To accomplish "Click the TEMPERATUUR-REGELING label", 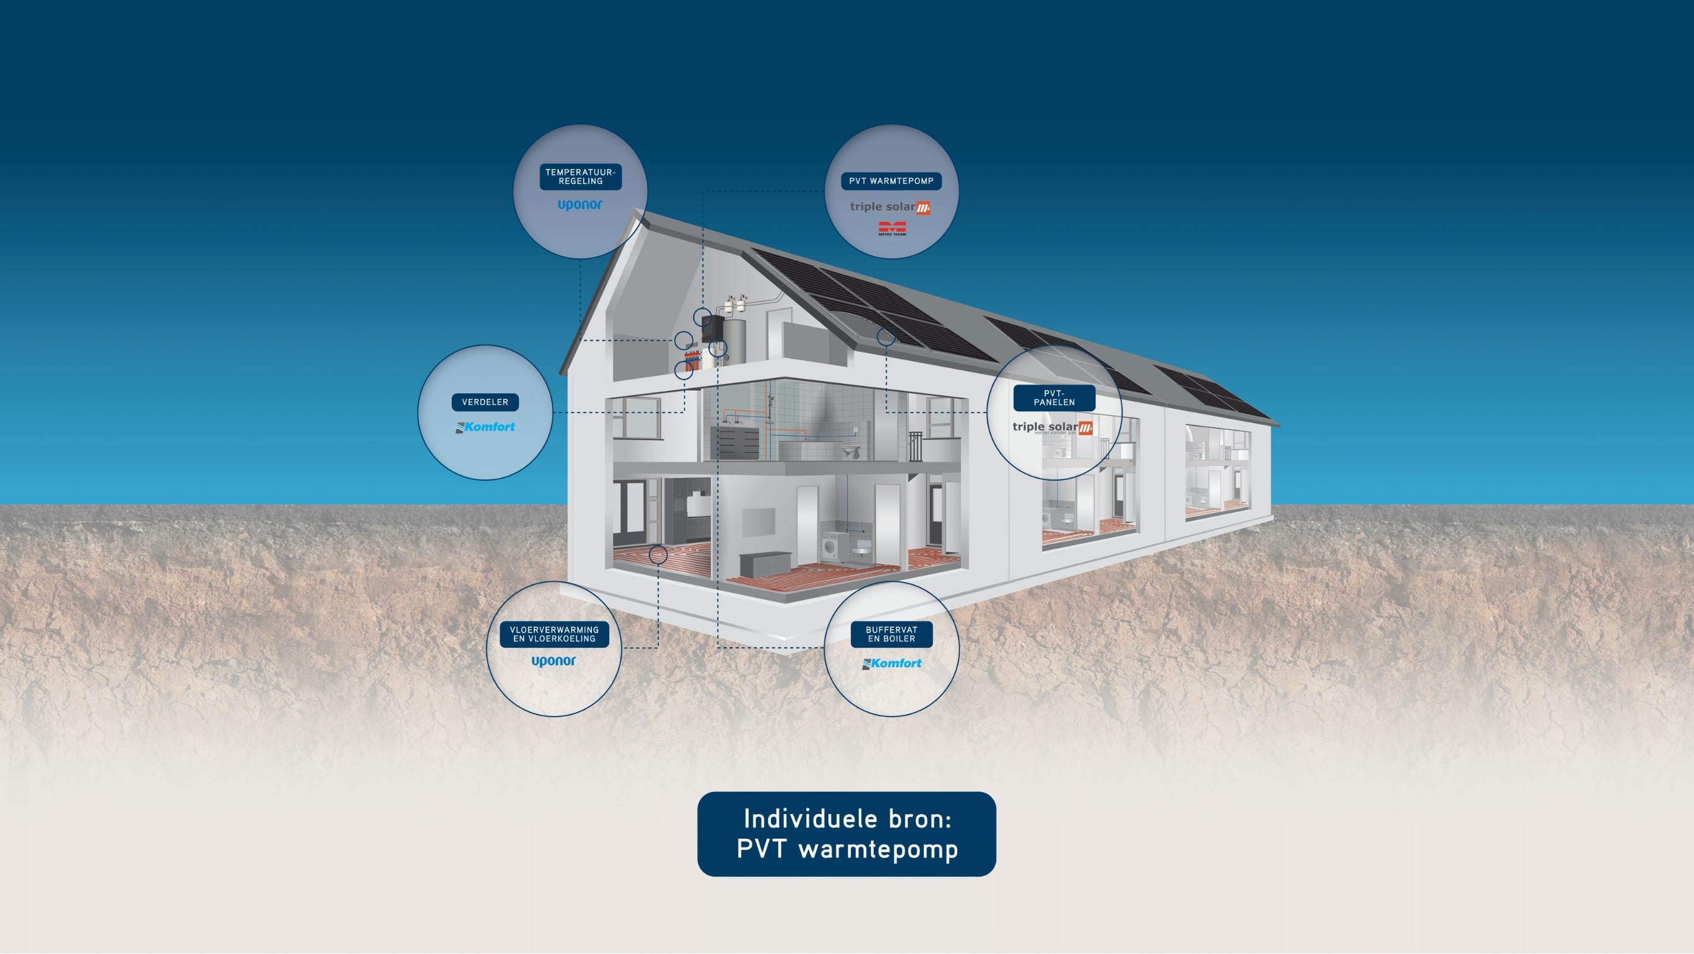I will [x=580, y=177].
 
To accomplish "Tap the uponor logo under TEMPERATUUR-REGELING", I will [x=580, y=204].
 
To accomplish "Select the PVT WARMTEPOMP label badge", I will [x=890, y=181].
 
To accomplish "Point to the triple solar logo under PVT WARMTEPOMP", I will [x=890, y=208].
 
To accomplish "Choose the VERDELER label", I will [x=485, y=402].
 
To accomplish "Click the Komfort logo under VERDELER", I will [x=485, y=427].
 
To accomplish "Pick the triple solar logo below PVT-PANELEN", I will [x=1052, y=427].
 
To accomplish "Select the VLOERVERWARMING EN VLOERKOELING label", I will [x=554, y=634].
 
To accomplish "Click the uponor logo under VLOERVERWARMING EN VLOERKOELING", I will [x=553, y=661].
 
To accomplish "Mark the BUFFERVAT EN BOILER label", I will [x=891, y=634].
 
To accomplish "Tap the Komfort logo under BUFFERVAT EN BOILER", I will [x=892, y=664].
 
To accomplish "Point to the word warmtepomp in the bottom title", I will [x=878, y=849].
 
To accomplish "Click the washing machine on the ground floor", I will [x=830, y=548].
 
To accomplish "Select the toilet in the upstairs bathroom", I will [x=851, y=452].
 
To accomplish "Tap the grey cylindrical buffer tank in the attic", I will [x=735, y=341].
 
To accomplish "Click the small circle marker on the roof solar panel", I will [x=886, y=338].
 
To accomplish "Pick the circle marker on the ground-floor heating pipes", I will [x=658, y=554].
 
